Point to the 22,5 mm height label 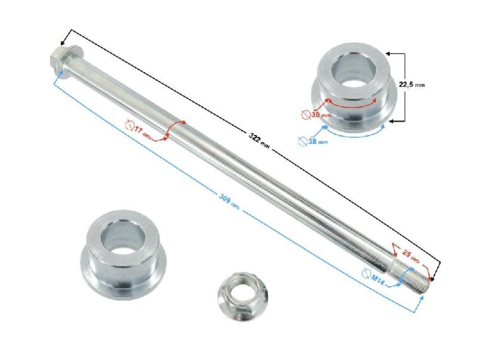[x=411, y=85]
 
